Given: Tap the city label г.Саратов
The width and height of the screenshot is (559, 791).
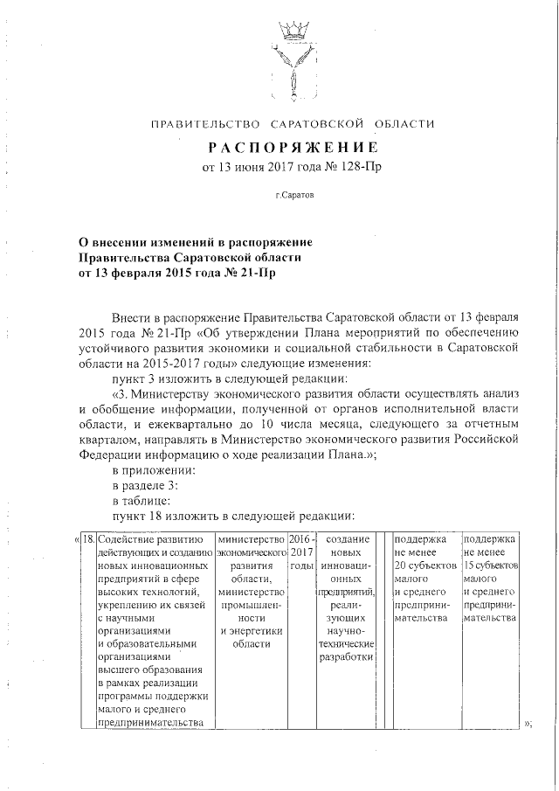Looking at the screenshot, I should (x=292, y=197).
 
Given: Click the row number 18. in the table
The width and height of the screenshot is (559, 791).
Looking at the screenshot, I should (x=88, y=538).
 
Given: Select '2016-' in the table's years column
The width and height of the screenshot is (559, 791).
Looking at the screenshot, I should (x=302, y=538).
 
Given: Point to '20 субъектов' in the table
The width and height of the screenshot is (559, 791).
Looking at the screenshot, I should (x=425, y=565).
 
